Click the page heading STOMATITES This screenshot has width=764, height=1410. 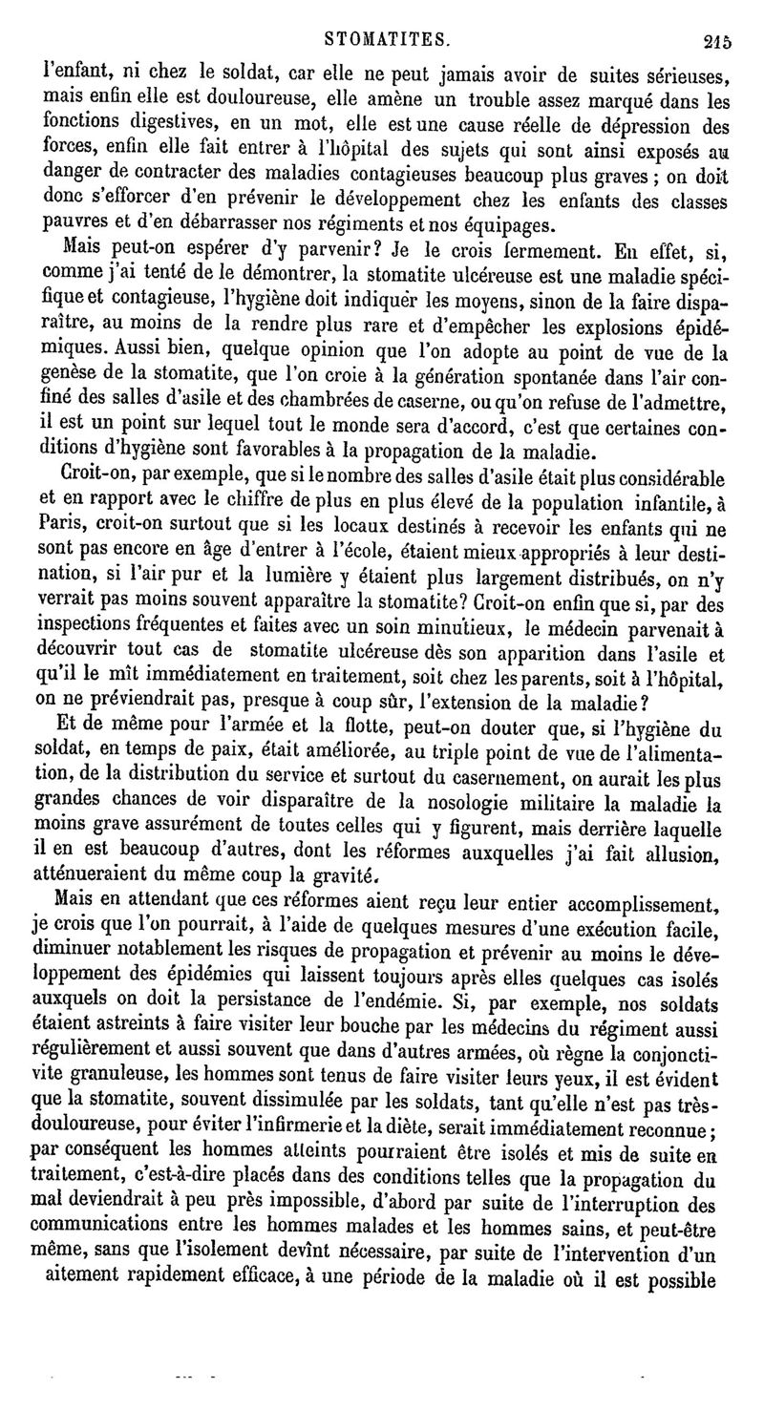(386, 14)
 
